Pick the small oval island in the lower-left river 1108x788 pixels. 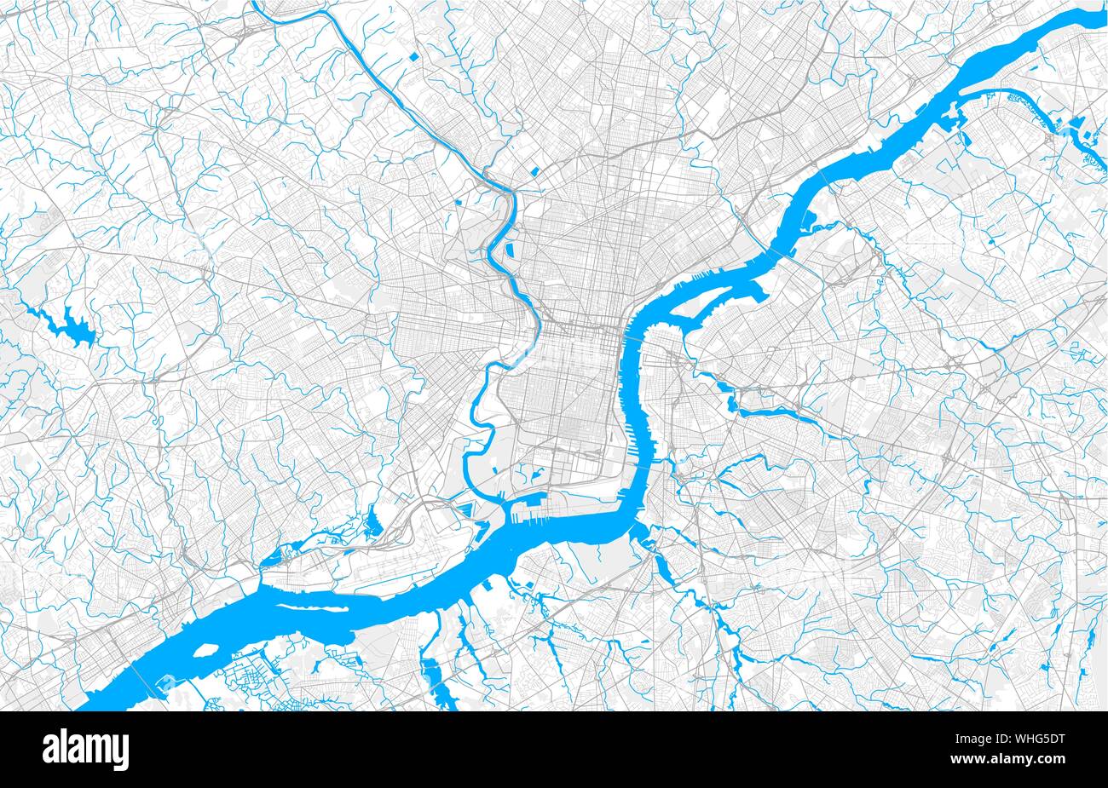(x=205, y=652)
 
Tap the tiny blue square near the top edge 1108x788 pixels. (x=413, y=57)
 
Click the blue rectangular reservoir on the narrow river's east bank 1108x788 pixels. (x=510, y=252)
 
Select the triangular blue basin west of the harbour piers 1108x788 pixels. (x=467, y=511)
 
